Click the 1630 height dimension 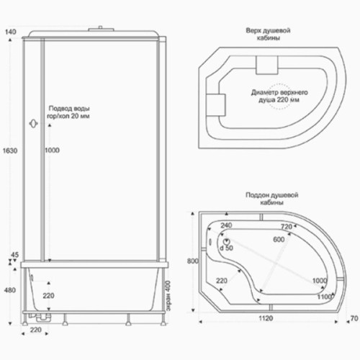coord(10,150)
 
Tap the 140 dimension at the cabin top coord(11,32)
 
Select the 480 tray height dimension coord(10,290)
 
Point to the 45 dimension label coord(14,255)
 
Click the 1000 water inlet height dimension coord(52,150)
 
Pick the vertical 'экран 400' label coord(168,296)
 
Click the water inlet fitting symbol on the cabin coord(34,124)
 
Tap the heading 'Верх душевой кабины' coord(268,34)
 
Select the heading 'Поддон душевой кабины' coord(271,199)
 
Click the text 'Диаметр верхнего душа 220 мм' coord(279,96)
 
